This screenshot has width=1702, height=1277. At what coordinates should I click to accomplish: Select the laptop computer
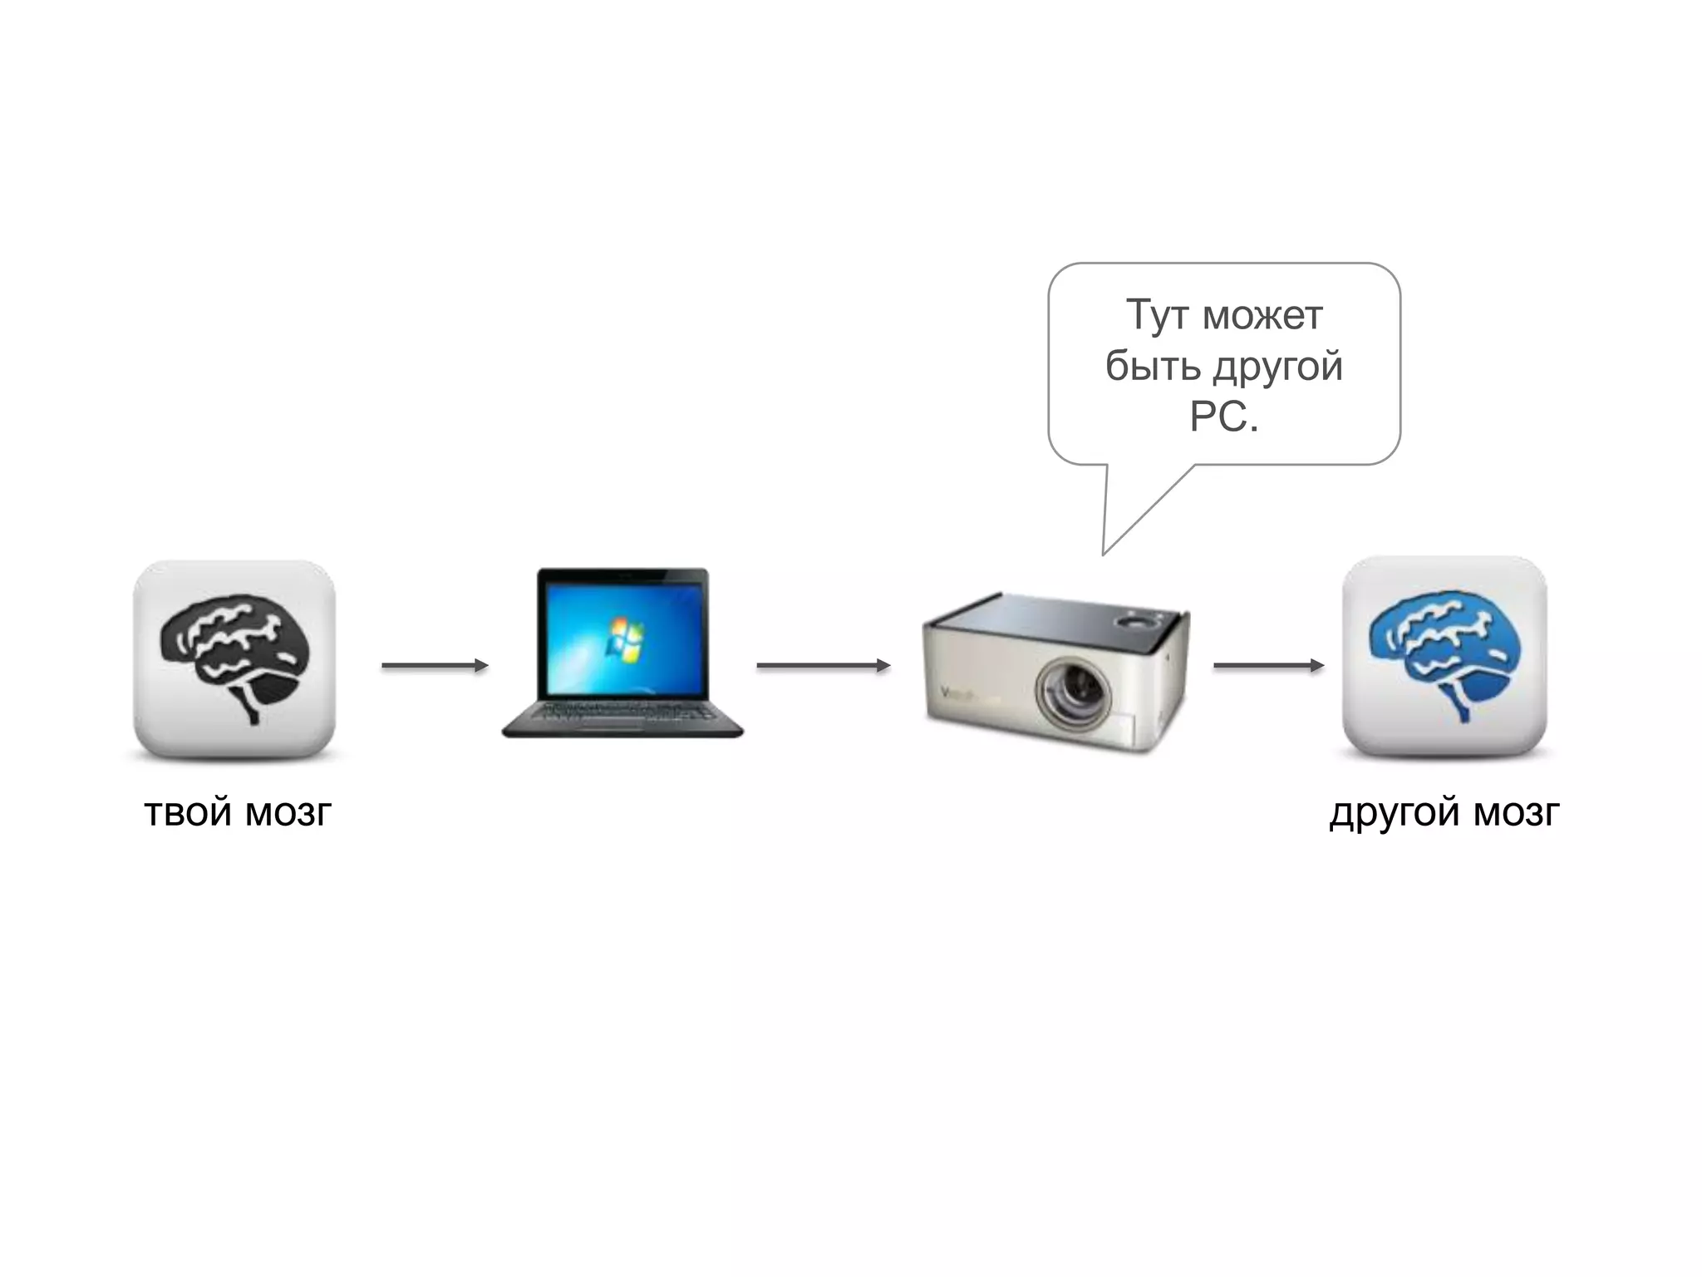click(622, 653)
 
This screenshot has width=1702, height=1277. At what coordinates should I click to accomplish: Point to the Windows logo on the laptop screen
click(625, 639)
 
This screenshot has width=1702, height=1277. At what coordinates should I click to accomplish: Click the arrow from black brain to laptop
click(435, 665)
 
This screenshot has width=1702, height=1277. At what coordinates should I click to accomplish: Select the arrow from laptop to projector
click(823, 665)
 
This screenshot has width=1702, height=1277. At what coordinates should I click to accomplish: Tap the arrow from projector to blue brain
click(1268, 665)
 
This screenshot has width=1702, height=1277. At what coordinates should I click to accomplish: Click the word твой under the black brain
click(187, 812)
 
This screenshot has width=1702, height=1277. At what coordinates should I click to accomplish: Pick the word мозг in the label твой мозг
click(288, 812)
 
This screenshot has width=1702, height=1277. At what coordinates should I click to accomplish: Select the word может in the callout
click(1262, 316)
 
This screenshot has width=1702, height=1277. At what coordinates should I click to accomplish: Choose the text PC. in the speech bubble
click(1223, 417)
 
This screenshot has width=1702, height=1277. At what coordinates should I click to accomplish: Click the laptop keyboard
click(622, 713)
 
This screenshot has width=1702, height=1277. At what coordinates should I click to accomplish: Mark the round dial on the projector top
click(1135, 620)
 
